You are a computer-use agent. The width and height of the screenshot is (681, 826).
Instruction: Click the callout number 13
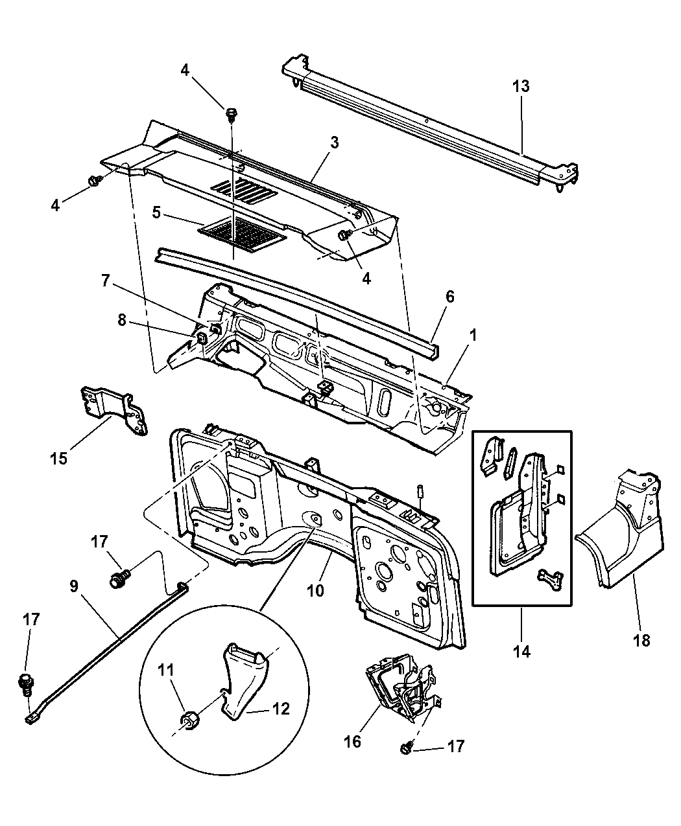click(x=521, y=86)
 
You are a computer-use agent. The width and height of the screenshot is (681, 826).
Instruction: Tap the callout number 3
click(x=335, y=143)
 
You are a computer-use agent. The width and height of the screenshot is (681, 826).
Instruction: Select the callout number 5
click(x=156, y=212)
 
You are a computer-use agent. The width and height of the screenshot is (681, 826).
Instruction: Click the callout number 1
click(x=473, y=335)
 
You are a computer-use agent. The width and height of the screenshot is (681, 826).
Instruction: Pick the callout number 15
click(x=58, y=459)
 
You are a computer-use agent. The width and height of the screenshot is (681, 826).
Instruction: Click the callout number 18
click(x=642, y=640)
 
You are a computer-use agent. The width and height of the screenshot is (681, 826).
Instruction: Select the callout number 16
click(x=353, y=742)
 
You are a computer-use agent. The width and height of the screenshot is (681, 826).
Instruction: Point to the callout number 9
click(x=74, y=586)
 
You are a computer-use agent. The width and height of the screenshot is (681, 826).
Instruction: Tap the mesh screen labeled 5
click(x=243, y=234)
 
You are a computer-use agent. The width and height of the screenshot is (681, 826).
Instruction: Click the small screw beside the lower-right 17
click(x=405, y=748)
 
